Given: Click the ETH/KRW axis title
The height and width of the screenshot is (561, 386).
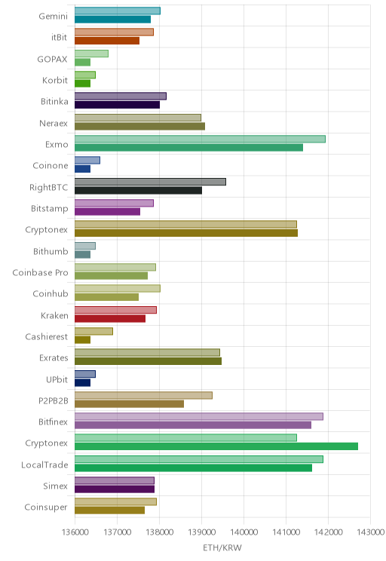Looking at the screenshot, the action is [222, 547].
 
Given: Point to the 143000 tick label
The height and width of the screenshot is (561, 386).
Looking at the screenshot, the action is [371, 532].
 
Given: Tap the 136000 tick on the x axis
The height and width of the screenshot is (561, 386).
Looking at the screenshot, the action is [75, 532].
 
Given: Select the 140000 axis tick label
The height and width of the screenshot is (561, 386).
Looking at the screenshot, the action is [244, 532].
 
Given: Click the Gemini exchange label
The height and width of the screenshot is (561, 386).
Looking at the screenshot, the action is [53, 16].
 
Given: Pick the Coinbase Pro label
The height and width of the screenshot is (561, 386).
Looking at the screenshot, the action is [40, 273].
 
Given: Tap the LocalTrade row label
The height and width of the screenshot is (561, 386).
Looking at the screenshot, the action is [44, 464].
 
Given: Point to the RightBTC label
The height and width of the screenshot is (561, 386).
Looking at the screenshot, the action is [49, 187].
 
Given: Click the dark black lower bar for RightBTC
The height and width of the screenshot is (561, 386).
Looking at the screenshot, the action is [138, 190].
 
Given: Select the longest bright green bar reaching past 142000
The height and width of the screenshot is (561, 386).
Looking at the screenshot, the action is [216, 446].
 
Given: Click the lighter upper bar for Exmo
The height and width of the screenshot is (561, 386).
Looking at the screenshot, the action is [200, 139].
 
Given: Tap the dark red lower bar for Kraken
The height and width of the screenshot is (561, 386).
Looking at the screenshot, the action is [110, 318].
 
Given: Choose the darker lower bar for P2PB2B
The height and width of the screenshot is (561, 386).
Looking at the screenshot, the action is [129, 404].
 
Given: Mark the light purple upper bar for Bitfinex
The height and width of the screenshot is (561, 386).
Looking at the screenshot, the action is [199, 416].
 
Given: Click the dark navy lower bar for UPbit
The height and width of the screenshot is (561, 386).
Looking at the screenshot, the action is [82, 383].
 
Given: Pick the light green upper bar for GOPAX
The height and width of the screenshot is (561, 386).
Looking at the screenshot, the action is [91, 54].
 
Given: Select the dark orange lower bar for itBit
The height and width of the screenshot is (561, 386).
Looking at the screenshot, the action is [107, 41].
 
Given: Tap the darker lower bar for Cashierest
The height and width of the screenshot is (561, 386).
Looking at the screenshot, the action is [82, 340].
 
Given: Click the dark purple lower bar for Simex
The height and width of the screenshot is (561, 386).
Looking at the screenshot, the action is [115, 489].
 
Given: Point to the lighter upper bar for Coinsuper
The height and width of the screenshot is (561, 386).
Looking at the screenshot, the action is [115, 501].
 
